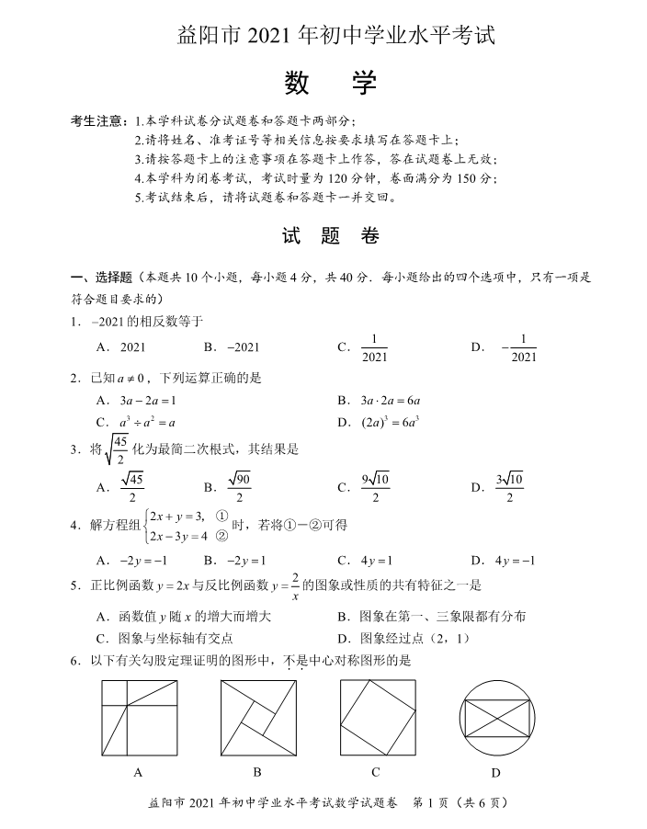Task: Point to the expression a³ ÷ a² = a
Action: tap(147, 423)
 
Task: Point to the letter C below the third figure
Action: tap(377, 771)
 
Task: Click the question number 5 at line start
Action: tap(74, 585)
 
